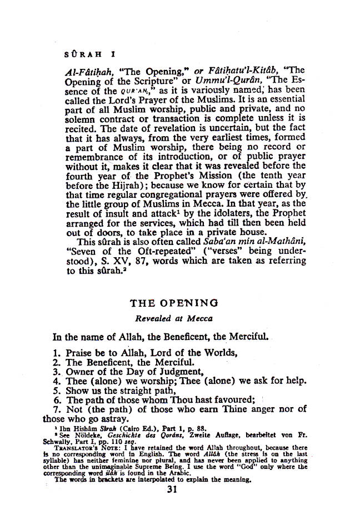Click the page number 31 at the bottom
pyautogui.click(x=172, y=490)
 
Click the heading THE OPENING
pyautogui.click(x=174, y=303)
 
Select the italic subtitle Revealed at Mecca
pyautogui.click(x=174, y=318)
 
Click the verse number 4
pyautogui.click(x=56, y=381)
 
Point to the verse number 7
pyautogui.click(x=56, y=409)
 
